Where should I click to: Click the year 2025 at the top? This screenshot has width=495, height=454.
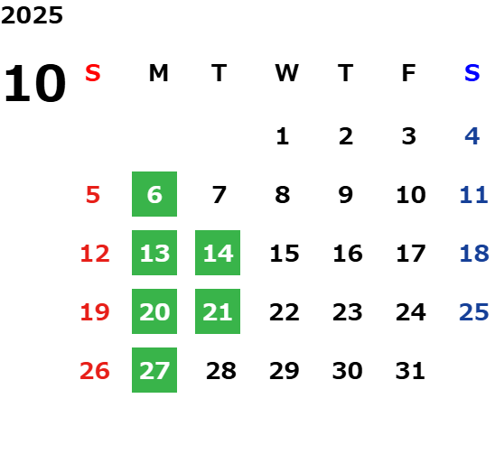(32, 15)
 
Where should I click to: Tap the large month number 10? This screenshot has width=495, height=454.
(34, 83)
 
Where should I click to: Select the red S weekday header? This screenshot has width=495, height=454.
(93, 73)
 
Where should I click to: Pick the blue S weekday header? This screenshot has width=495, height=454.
(472, 73)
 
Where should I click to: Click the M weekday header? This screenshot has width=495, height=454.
(158, 73)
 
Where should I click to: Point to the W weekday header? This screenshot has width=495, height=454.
(286, 73)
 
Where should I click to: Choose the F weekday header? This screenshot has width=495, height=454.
(409, 73)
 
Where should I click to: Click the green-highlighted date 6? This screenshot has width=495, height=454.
(154, 194)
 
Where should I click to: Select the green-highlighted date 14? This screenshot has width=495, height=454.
(218, 253)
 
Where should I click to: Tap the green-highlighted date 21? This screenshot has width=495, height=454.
(218, 311)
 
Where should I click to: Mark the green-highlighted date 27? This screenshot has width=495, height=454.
(154, 370)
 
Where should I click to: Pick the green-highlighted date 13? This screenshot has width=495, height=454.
(154, 253)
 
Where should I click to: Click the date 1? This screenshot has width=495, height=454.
(283, 136)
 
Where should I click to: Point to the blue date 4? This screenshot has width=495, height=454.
(472, 136)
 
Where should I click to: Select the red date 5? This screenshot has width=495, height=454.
(93, 194)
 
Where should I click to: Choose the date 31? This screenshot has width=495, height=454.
(410, 370)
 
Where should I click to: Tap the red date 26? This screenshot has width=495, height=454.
(95, 370)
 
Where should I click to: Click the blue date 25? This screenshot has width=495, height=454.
(474, 311)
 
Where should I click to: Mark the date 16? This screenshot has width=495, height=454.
(348, 253)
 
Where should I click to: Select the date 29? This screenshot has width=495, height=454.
(285, 370)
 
